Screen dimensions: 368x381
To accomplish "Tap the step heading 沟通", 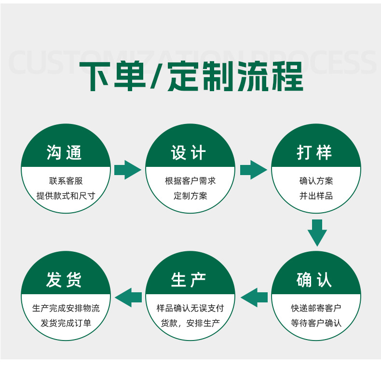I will click(65, 152).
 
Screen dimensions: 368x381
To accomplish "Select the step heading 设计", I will click(189, 152).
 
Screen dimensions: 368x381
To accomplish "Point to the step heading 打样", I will click(315, 152).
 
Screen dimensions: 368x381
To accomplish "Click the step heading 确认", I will click(315, 280).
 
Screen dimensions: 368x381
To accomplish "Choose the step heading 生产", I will click(189, 280).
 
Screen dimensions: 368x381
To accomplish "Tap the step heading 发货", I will click(65, 280).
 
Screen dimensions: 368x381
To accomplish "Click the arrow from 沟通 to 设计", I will click(127, 170).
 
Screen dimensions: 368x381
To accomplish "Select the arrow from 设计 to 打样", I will click(253, 170).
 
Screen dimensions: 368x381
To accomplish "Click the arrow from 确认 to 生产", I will click(254, 297).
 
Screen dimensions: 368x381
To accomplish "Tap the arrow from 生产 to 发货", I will click(128, 297).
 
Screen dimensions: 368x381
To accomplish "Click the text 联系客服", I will click(66, 181).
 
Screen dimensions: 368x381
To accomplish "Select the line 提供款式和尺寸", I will click(66, 196).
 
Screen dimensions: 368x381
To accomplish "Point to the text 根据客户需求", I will click(190, 181).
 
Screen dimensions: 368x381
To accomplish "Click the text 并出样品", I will click(316, 196).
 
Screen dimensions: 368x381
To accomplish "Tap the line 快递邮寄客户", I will click(316, 308).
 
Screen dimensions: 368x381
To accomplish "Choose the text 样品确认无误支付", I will click(190, 308).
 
